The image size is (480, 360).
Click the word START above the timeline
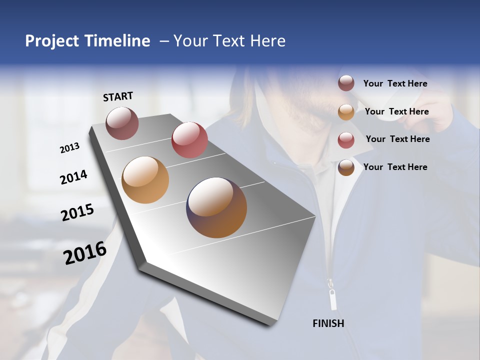pyautogui.click(x=118, y=96)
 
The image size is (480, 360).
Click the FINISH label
pyautogui.click(x=328, y=323)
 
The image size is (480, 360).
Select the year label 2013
pyautogui.click(x=69, y=148)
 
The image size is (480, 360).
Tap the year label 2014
pyautogui.click(x=73, y=177)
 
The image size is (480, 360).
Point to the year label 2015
pyautogui.click(x=77, y=212)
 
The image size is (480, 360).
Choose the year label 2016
pyautogui.click(x=85, y=253)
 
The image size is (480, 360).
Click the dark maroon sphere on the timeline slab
pyautogui.click(x=122, y=123)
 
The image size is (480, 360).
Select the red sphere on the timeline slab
pyautogui.click(x=189, y=139)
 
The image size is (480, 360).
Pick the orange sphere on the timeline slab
pyautogui.click(x=145, y=180)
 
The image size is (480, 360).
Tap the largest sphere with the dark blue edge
pyautogui.click(x=216, y=207)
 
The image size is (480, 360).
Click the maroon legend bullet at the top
pyautogui.click(x=346, y=83)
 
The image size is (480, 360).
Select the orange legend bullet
pyautogui.click(x=346, y=112)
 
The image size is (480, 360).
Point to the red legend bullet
pyautogui.click(x=346, y=140)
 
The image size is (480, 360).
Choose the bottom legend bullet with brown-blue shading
pyautogui.click(x=346, y=167)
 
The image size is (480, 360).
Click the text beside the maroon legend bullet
pyautogui.click(x=395, y=84)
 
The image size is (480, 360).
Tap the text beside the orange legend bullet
pyautogui.click(x=396, y=111)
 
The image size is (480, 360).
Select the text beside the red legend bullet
pyautogui.click(x=397, y=139)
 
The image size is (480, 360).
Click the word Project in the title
pyautogui.click(x=52, y=41)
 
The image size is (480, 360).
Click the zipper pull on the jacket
pyautogui.click(x=332, y=298)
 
